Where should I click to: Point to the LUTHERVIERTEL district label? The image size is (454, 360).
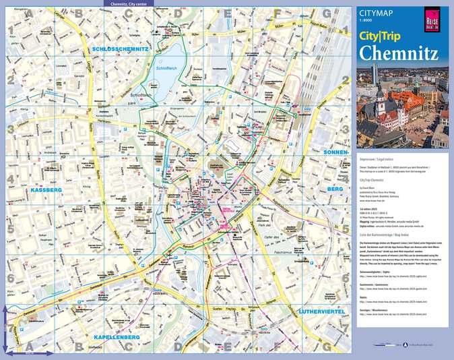tap(321, 311)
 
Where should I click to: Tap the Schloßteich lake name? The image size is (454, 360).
tap(166, 69)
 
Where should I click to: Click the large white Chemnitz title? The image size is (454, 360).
tap(399, 53)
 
